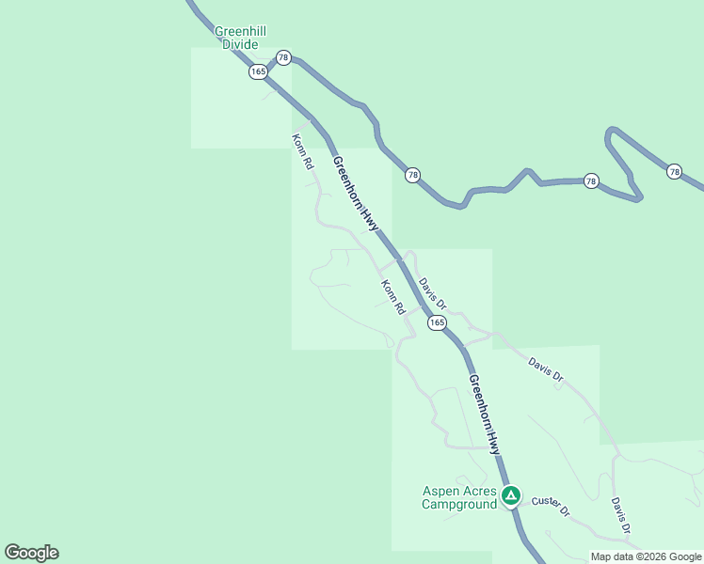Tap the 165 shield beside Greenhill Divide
(258, 71)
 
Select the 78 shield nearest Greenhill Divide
(283, 58)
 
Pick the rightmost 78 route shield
(674, 171)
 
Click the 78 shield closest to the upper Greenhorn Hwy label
(412, 175)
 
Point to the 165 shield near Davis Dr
(436, 322)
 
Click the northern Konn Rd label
(302, 151)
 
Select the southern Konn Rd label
(392, 296)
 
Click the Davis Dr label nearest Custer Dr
(618, 517)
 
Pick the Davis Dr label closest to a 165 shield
(432, 292)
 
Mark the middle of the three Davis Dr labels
(546, 368)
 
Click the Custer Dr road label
(551, 506)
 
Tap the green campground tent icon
(510, 494)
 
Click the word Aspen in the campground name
(439, 491)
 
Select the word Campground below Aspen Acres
(458, 505)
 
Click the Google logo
(31, 553)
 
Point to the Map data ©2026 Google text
(646, 556)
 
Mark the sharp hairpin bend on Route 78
(612, 133)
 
